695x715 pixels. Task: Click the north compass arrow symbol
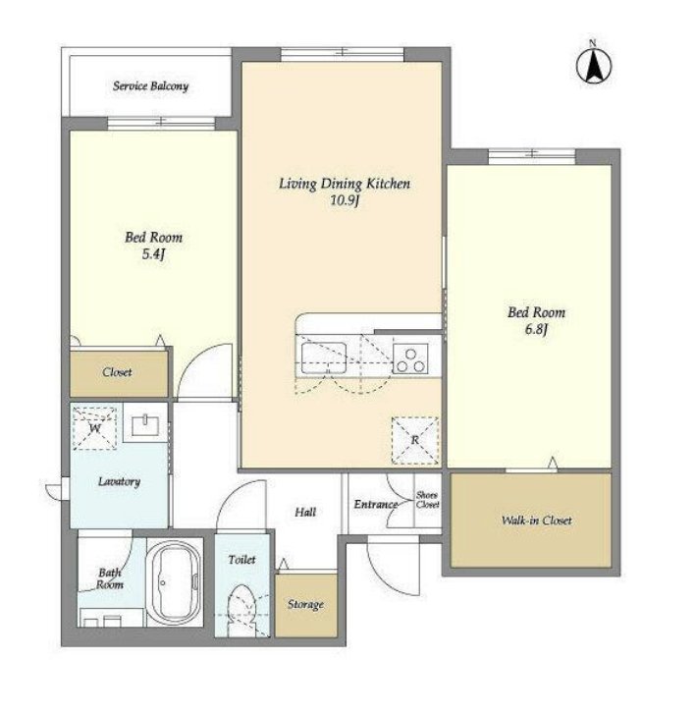[x=594, y=66]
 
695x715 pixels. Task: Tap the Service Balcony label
[x=150, y=86]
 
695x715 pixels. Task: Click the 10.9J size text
[x=345, y=200]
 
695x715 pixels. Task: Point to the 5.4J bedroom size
[x=153, y=254]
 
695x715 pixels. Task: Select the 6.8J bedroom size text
[x=536, y=329]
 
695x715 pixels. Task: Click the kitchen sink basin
[x=324, y=357]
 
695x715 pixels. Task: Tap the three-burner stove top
[x=410, y=358]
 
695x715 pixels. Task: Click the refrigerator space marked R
[x=414, y=440]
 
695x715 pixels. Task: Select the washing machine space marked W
[x=95, y=428]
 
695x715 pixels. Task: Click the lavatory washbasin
[x=145, y=425]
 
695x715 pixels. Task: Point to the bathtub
[x=175, y=583]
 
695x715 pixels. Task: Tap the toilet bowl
[x=241, y=610]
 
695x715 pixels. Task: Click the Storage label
[x=305, y=605]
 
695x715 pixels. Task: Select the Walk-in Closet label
[x=536, y=521]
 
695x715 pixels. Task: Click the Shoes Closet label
[x=427, y=500]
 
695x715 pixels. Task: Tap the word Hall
[x=305, y=513]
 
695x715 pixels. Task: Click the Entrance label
[x=376, y=505]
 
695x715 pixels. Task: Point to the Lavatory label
[x=119, y=481]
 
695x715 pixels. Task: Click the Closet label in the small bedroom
[x=117, y=372]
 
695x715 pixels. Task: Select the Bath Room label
[x=110, y=578]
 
